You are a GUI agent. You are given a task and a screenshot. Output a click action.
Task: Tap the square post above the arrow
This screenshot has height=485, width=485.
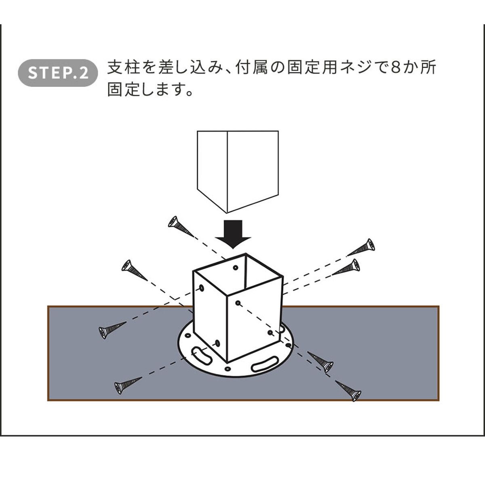point(237,170)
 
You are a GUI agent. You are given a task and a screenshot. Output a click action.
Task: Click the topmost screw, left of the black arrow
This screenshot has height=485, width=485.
point(180,227)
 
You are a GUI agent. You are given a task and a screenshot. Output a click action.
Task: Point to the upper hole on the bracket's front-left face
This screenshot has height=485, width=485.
point(201,288)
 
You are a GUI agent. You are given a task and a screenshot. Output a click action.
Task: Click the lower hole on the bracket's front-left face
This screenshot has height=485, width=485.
point(218,344)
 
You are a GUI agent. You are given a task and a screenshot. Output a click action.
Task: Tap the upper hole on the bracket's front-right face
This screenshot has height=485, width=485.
point(238,302)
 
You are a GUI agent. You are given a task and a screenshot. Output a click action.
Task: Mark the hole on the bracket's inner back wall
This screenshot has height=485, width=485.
point(236,268)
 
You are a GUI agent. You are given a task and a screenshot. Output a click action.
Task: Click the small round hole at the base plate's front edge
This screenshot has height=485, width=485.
point(228,369)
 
